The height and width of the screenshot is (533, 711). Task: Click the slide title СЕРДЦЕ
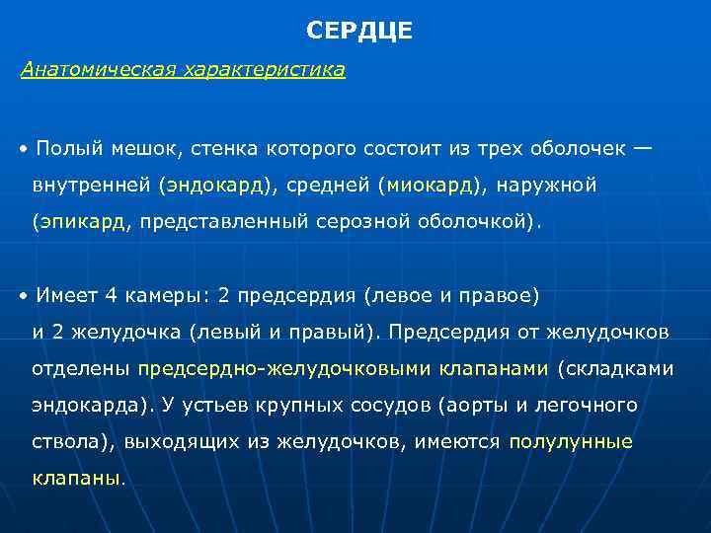point(359,31)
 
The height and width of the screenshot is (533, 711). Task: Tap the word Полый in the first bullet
point(62,149)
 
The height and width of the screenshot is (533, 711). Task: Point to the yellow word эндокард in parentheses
point(214,186)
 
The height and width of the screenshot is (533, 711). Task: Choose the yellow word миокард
point(432,186)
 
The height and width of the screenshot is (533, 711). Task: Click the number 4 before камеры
point(111,295)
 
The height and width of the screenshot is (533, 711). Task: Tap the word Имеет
point(66,295)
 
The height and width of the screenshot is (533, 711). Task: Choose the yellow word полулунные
point(571,442)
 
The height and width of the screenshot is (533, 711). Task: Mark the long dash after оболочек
point(643,149)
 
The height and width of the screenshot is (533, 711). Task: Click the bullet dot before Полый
point(23,150)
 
